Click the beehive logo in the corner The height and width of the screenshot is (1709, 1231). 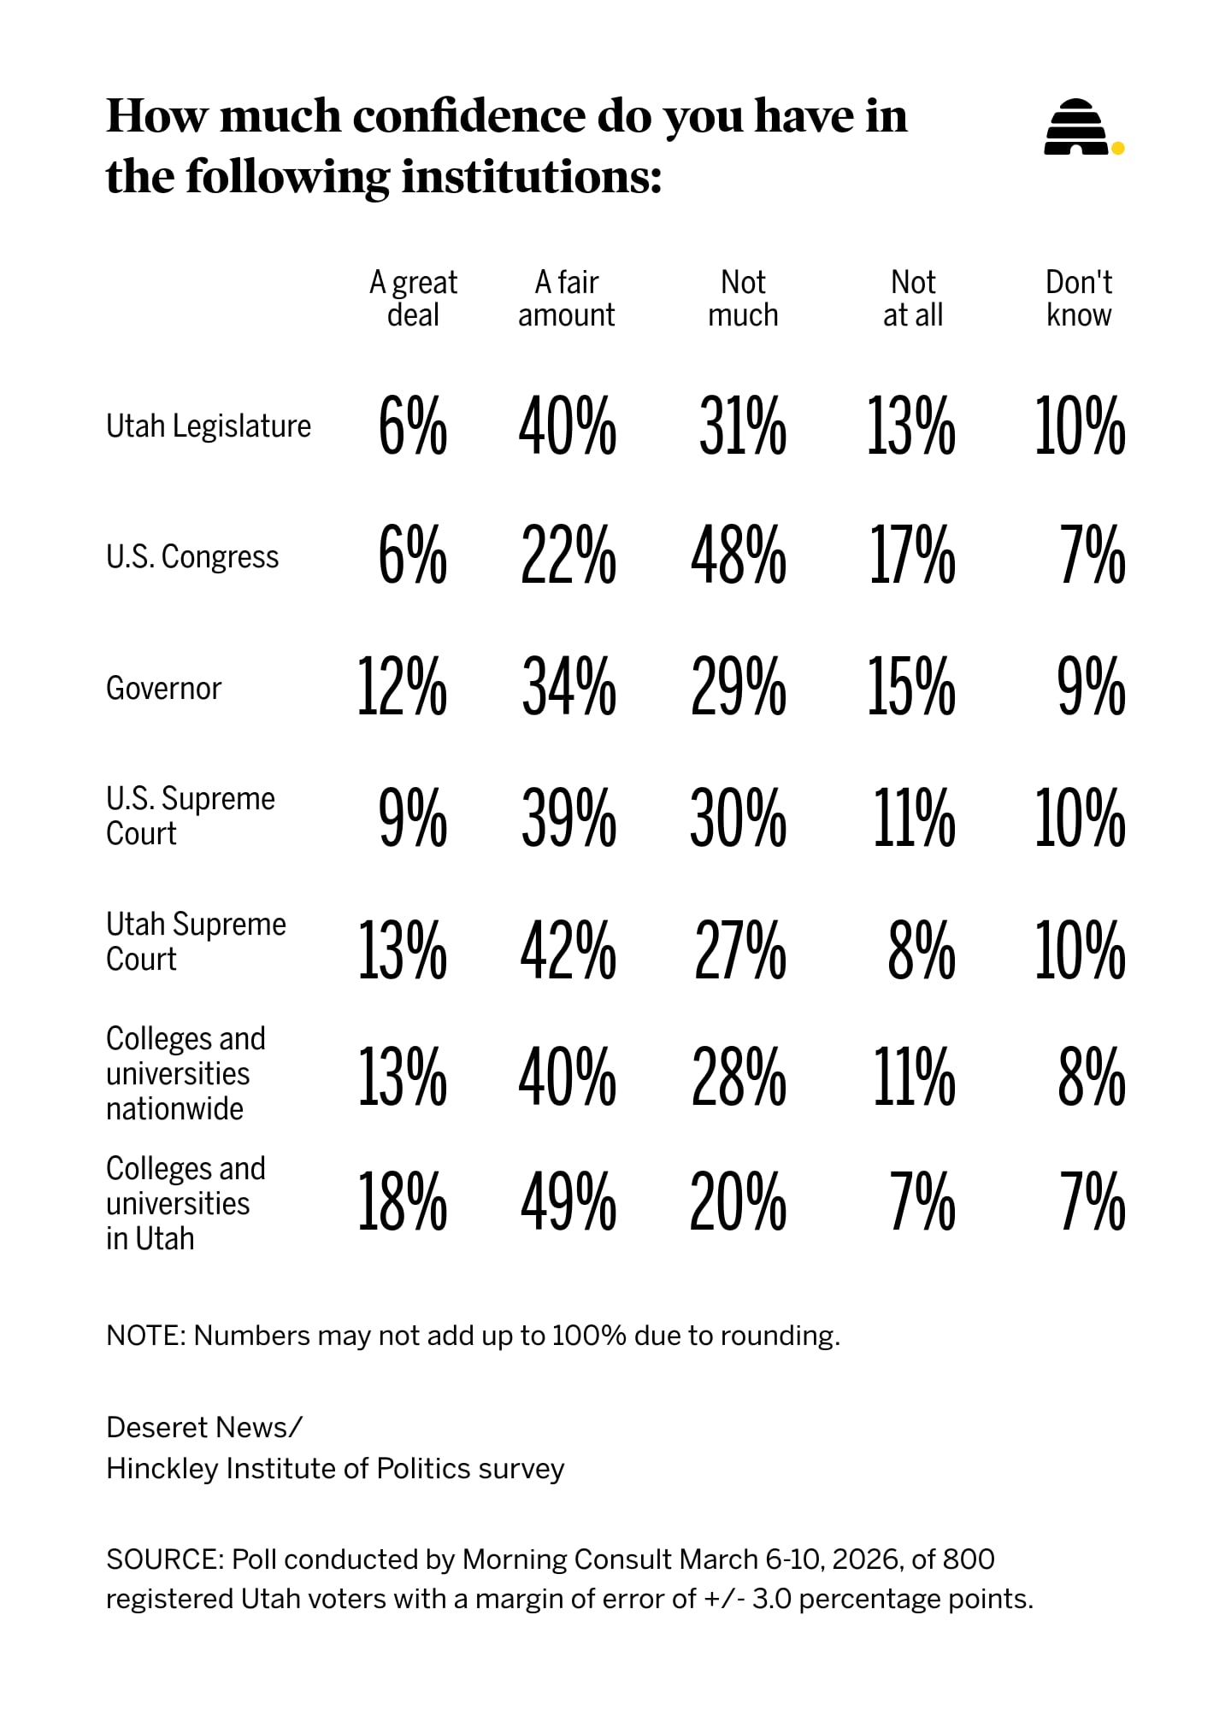(x=1075, y=128)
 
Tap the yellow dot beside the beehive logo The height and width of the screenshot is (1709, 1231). (x=1117, y=148)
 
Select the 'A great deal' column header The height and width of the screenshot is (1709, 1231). (x=413, y=298)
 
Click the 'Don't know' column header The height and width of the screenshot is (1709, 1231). (x=1079, y=298)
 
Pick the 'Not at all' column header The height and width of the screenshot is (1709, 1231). (x=912, y=298)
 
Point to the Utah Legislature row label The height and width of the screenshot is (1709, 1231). (x=209, y=426)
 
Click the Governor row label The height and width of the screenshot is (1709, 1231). (x=163, y=688)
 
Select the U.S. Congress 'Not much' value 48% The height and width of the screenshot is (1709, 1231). (x=739, y=556)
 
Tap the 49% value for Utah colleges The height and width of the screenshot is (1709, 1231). (x=568, y=1202)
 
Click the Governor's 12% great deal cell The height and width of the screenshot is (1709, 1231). (x=402, y=688)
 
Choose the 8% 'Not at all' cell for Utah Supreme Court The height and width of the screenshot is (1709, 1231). (x=921, y=950)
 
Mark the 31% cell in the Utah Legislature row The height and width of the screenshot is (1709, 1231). (x=742, y=426)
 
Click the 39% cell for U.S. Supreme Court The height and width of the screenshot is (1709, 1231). (x=568, y=819)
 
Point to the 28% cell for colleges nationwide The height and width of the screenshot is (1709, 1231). (x=739, y=1077)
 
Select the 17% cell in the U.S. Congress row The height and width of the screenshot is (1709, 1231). (x=911, y=556)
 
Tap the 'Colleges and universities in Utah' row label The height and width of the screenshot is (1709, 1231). (x=186, y=1203)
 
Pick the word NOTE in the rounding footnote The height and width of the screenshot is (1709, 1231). (x=144, y=1336)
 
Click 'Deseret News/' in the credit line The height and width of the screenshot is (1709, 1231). (x=204, y=1427)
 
